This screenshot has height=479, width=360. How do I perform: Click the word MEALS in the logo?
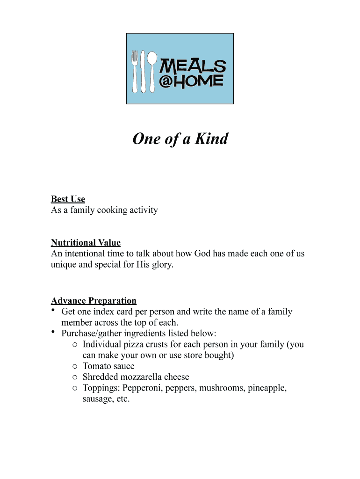click(x=193, y=66)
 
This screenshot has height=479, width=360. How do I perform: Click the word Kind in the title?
click(x=211, y=139)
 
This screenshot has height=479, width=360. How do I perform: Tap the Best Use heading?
click(x=68, y=199)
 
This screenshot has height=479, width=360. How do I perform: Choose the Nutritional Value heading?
click(x=86, y=243)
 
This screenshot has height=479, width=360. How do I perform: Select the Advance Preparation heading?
click(x=94, y=301)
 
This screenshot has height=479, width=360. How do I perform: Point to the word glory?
click(x=161, y=264)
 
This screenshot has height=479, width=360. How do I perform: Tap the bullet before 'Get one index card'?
click(x=54, y=311)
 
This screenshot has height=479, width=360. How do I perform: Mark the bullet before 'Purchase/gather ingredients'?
click(x=54, y=332)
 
